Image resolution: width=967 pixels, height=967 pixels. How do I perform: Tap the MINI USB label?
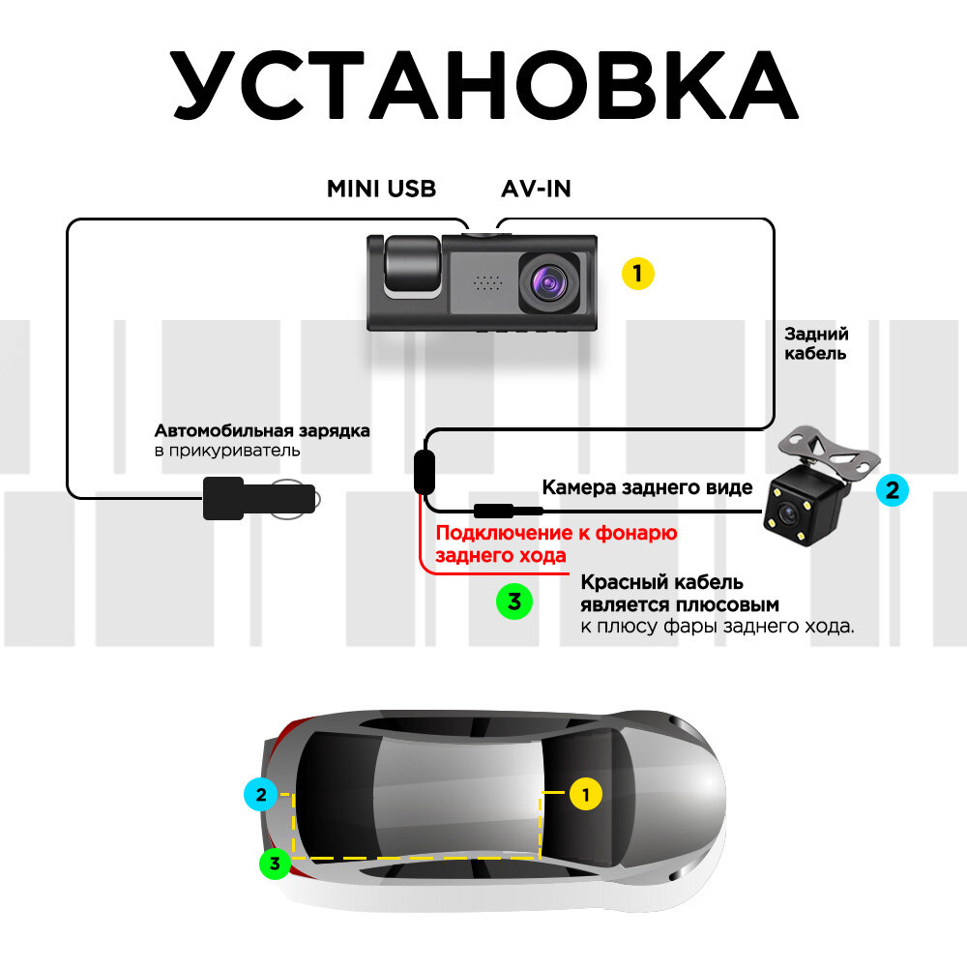point(381,189)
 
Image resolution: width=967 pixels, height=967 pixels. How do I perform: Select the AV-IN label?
point(536,189)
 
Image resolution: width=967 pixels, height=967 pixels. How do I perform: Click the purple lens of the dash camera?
point(548,282)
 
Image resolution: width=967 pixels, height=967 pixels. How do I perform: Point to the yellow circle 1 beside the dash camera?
point(637,273)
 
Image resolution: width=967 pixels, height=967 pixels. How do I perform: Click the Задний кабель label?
point(816,343)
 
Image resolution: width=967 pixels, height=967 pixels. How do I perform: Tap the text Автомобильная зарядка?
point(262,430)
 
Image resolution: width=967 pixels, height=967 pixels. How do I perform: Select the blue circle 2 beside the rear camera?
point(892,489)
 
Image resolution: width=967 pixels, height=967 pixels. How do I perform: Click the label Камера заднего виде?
point(647,487)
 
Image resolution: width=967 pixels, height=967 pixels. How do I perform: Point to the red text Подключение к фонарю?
point(556,533)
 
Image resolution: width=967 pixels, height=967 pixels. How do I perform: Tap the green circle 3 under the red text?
point(513,601)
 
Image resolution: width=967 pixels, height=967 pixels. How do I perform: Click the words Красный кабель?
point(661,582)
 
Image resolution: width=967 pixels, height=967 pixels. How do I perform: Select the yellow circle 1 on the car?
point(584,795)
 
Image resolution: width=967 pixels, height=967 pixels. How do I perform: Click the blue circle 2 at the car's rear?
point(259,796)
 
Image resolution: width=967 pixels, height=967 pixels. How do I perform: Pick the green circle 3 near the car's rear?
point(276,863)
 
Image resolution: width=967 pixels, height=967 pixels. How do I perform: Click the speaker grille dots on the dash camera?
point(489,281)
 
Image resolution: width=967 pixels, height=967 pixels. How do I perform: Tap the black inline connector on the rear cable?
point(424,471)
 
